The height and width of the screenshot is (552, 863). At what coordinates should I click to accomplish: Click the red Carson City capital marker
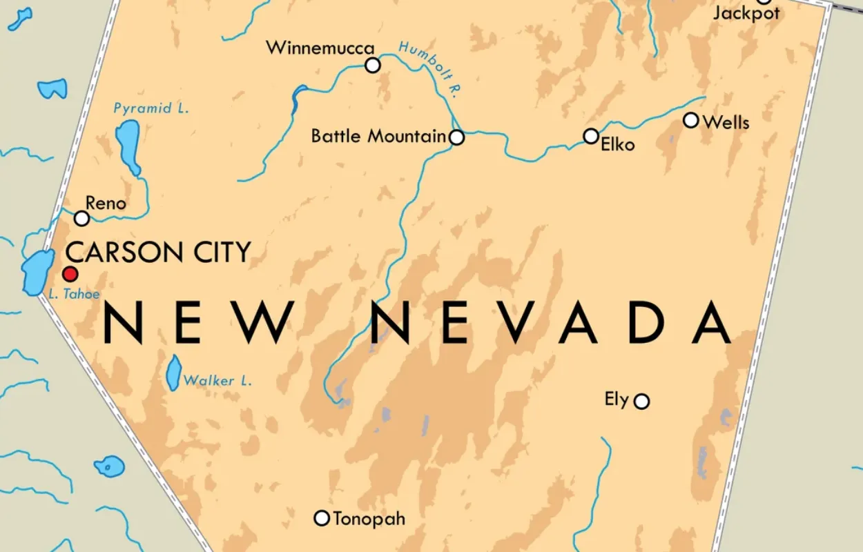tap(70, 273)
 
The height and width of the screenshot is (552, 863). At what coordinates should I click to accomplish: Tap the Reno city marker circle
tap(82, 219)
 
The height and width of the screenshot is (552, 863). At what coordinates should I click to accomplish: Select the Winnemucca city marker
tap(373, 66)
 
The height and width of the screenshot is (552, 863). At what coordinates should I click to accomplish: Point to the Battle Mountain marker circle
tap(456, 138)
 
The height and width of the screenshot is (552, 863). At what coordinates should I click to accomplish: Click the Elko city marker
tap(591, 136)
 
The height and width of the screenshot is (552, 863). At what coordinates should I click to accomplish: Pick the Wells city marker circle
tap(691, 121)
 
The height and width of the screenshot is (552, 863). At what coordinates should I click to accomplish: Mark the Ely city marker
tap(642, 401)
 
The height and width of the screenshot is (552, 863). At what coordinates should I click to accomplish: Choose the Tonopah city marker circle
tap(322, 517)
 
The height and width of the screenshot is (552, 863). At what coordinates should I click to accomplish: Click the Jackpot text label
tap(746, 13)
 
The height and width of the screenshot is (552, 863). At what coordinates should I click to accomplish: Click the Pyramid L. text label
tap(151, 108)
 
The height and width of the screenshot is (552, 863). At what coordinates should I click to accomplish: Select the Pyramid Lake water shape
tap(128, 145)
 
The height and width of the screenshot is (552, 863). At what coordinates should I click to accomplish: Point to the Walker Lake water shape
tap(174, 373)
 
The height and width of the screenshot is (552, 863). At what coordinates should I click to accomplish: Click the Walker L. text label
tap(217, 380)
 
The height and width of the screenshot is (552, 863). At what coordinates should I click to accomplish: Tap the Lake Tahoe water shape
tap(37, 272)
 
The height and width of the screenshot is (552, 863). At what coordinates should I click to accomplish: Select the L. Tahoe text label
tap(75, 294)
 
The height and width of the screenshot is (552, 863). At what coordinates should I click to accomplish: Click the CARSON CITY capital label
tap(157, 253)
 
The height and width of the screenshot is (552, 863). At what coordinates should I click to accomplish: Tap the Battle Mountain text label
tap(378, 136)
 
